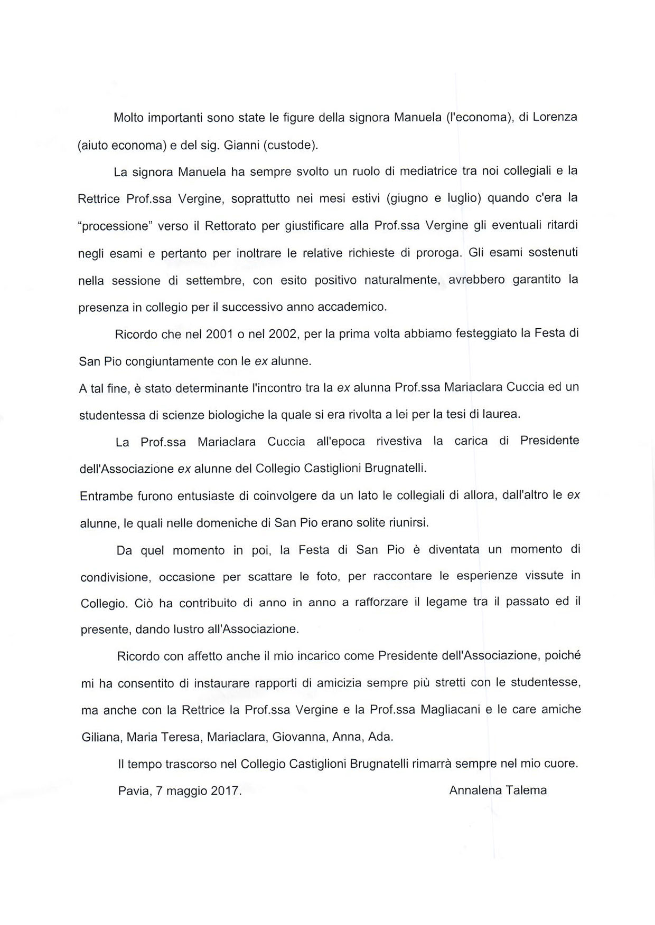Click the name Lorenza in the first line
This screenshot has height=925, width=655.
(x=555, y=117)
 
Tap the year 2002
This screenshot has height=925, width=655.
(x=283, y=334)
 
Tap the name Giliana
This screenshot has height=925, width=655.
(x=101, y=737)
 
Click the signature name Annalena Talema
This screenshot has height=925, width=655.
(x=498, y=790)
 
